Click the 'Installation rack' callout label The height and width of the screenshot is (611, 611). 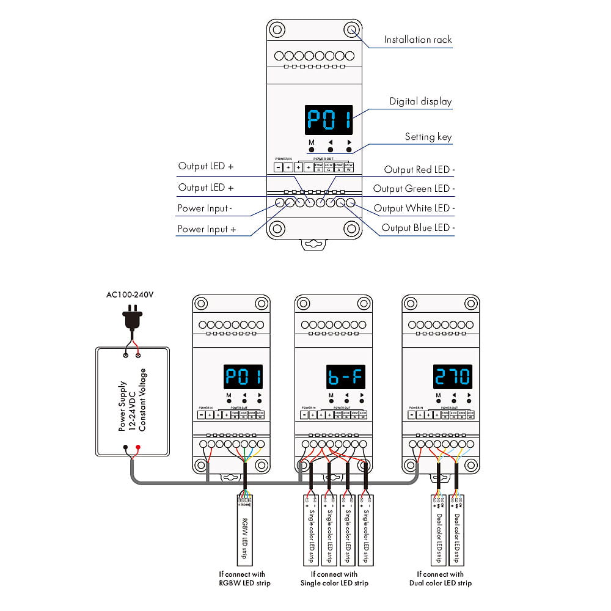click(417, 40)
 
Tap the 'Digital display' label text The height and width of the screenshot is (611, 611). click(420, 101)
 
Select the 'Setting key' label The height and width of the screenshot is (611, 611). click(428, 137)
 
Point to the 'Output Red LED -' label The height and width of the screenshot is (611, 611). click(419, 170)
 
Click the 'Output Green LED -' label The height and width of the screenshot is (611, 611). click(414, 189)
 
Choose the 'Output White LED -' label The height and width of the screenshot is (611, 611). click(414, 208)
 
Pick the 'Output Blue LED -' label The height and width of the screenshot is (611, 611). click(418, 228)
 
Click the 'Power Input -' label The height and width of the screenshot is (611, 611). click(205, 208)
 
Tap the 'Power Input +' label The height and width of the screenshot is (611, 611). click(207, 229)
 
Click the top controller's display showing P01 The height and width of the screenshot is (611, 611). click(330, 120)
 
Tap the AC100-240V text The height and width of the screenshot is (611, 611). click(130, 295)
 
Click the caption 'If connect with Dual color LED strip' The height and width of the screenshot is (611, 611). click(440, 579)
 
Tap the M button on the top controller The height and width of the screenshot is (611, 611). click(311, 149)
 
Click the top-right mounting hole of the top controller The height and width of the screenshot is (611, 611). click(351, 29)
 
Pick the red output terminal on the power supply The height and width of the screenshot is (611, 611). click(139, 448)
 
